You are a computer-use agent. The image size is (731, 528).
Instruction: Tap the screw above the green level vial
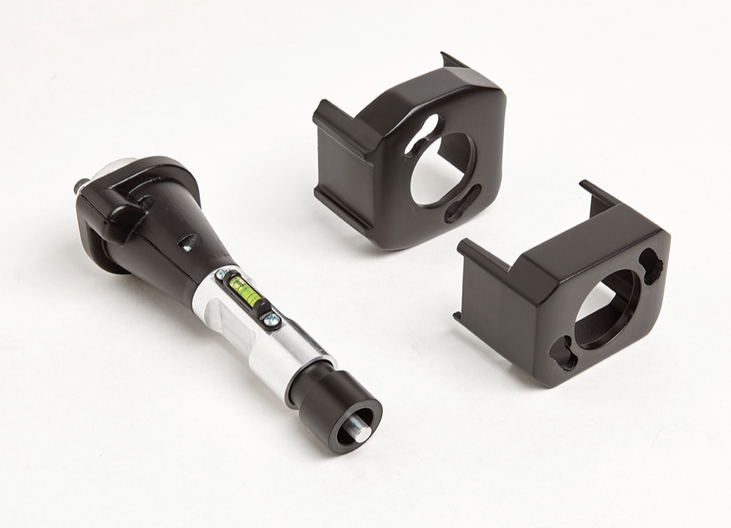pos(223,273)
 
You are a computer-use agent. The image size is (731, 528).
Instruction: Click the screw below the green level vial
pos(271,317)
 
